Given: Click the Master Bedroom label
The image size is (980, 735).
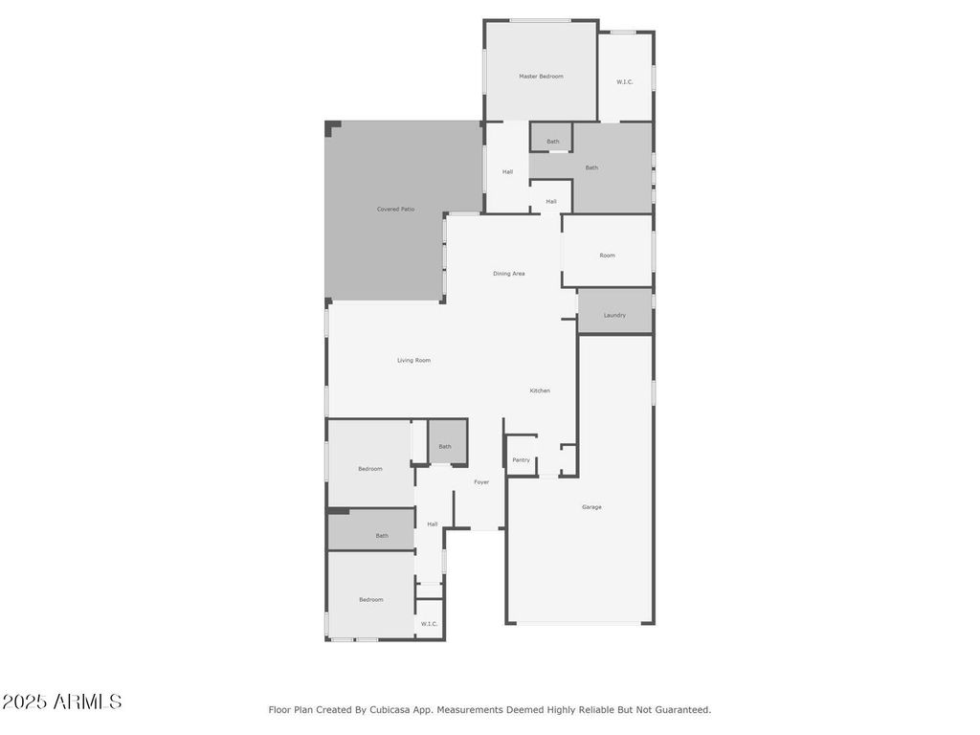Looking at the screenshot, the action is coord(541,77).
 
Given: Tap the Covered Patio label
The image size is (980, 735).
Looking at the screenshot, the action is coord(395,210).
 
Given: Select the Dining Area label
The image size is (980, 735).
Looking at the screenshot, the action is coord(509,274).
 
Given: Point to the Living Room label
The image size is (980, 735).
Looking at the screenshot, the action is coord(413,361).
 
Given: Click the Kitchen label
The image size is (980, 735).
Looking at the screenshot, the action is coord(540,390).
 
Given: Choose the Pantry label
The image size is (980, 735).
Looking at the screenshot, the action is coord(522,460).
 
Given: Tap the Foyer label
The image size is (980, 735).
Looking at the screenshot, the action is coord(481,482).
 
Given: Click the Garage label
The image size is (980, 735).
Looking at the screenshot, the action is coord(591,507).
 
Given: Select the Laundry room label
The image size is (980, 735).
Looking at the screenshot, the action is coord(614,316).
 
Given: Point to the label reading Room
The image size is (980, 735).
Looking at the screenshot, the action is coord(607,256).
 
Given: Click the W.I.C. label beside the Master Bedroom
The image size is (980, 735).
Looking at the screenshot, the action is coord(624,82).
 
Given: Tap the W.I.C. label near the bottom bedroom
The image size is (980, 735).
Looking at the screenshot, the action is coord(429,624).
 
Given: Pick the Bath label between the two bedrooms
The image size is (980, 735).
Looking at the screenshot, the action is coord(382,536).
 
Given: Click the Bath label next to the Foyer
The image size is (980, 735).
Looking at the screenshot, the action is coord(445,447).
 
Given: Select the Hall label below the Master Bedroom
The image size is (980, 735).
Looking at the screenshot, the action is coord(507,172).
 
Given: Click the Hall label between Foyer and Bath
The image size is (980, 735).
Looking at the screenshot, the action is coord(433,524).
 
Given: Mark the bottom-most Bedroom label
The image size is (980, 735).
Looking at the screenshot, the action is coord(370,600).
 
